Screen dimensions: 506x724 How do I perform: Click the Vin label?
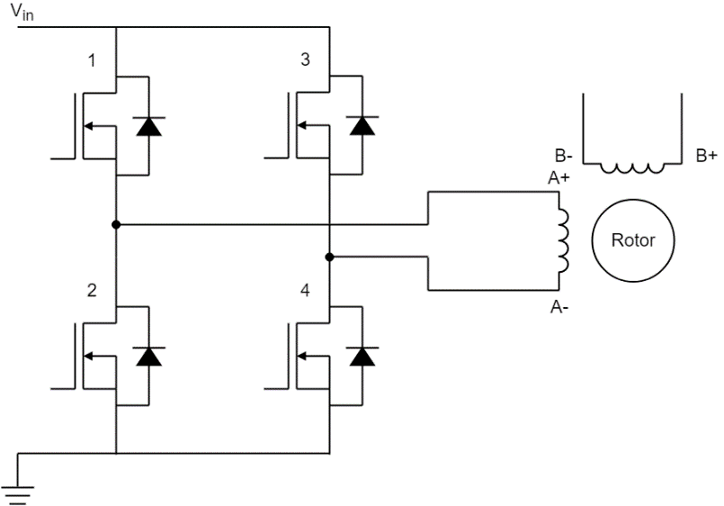click(21, 12)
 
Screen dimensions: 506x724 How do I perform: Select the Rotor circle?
click(633, 240)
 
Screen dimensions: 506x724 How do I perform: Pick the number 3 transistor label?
click(305, 61)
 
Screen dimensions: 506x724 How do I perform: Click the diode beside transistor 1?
click(148, 126)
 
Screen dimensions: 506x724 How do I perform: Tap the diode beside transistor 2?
click(148, 356)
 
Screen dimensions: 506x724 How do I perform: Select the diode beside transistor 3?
click(362, 126)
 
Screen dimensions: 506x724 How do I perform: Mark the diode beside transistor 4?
click(362, 356)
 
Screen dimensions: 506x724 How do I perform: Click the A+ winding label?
click(559, 178)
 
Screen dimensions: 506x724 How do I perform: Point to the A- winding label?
click(559, 307)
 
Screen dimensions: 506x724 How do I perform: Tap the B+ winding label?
click(706, 156)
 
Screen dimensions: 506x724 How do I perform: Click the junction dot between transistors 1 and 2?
click(116, 223)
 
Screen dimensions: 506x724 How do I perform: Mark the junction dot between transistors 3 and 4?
click(330, 258)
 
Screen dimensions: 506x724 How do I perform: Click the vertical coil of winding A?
click(565, 241)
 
